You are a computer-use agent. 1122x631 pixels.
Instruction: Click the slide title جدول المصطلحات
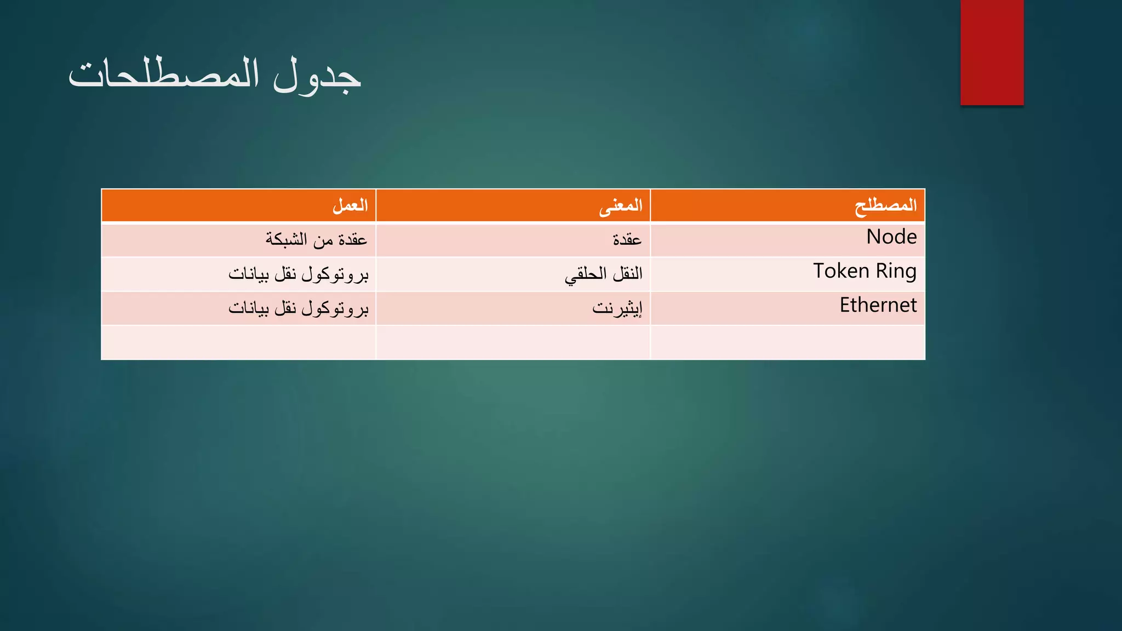tap(215, 76)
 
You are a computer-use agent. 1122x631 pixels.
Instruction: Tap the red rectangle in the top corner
tap(992, 53)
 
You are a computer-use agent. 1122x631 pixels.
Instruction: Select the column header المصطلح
tap(885, 205)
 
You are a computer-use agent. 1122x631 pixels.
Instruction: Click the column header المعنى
tap(620, 205)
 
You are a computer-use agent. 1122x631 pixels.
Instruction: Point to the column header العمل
tap(350, 205)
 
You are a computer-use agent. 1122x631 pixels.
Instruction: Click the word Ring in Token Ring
tap(896, 271)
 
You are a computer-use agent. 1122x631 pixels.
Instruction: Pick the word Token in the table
tap(841, 271)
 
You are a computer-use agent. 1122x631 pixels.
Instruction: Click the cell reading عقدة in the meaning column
tap(627, 239)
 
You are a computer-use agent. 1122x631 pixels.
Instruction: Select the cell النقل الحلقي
tap(603, 273)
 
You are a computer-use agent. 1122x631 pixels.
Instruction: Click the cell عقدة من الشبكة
tap(316, 239)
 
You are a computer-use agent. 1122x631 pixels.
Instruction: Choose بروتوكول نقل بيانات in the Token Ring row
tap(299, 273)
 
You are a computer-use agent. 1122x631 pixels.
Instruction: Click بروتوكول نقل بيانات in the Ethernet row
tap(299, 308)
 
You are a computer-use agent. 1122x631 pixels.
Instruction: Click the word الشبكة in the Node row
tap(287, 239)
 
